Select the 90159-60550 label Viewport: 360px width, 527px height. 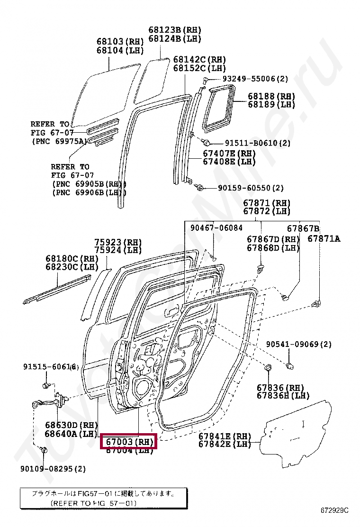251,188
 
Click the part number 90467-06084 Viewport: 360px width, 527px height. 216,228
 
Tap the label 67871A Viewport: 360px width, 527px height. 324,239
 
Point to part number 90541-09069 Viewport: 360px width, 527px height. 298,344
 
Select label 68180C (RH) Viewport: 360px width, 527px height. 68,258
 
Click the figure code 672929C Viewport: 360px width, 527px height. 334,510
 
